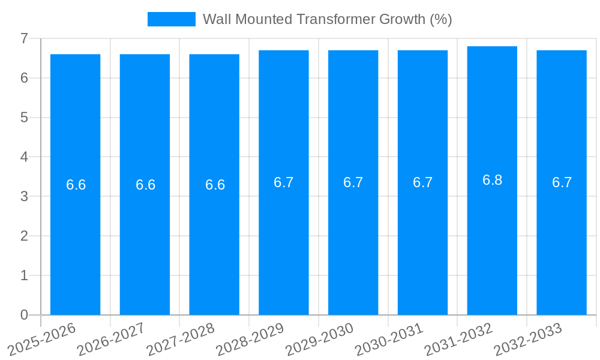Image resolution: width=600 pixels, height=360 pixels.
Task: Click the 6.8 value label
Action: point(492,180)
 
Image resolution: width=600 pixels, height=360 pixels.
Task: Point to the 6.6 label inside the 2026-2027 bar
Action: point(145,185)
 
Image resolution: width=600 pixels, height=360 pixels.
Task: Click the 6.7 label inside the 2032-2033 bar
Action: point(562,182)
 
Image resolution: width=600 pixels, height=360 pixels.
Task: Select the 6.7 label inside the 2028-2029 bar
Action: point(283,182)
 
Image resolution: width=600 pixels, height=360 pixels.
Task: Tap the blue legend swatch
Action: point(171,19)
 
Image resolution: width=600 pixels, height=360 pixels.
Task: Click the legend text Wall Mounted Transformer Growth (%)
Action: point(327,19)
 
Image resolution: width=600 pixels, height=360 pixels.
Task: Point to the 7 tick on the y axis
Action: point(24,38)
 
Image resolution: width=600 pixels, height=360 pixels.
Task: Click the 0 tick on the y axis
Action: point(24,315)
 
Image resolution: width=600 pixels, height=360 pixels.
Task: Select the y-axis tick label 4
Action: point(24,157)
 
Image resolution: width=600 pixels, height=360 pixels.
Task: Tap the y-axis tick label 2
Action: point(24,236)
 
